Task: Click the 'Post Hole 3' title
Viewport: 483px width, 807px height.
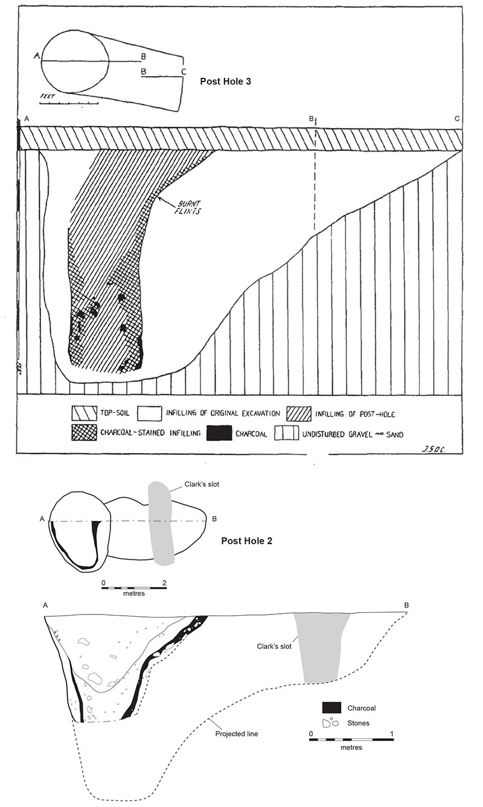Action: (229, 80)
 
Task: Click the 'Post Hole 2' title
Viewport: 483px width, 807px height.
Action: (248, 541)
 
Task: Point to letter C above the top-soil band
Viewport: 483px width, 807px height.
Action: (458, 118)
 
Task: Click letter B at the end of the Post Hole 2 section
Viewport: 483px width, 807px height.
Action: (406, 605)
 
